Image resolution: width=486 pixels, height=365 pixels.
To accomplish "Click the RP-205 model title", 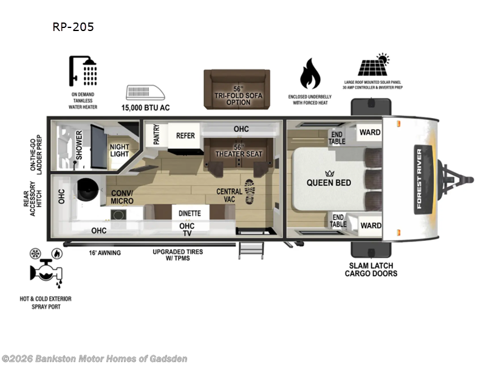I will tap(74, 27).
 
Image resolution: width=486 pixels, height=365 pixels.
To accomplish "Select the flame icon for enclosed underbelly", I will tap(310, 75).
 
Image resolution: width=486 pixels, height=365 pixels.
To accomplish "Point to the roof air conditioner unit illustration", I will tap(146, 92).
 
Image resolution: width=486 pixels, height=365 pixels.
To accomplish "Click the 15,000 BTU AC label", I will tap(146, 108).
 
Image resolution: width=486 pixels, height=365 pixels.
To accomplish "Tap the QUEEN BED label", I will tap(329, 182).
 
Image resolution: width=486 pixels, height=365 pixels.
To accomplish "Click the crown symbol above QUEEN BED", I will tap(329, 172).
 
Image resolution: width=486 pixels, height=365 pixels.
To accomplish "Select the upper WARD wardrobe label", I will tap(370, 132).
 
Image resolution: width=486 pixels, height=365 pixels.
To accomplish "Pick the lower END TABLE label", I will tap(338, 221).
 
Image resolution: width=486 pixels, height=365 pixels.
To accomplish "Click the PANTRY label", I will tap(156, 134).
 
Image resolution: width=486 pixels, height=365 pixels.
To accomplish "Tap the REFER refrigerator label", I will tap(185, 136).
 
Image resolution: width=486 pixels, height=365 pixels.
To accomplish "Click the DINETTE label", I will tap(190, 214).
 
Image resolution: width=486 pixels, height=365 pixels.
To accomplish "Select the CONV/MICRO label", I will tap(123, 197).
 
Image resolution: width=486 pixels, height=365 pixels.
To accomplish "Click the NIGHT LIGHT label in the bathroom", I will tap(119, 150).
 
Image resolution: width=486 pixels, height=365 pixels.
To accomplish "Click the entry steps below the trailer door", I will tap(251, 249).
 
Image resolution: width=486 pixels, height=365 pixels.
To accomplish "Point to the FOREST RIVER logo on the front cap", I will tap(419, 178).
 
